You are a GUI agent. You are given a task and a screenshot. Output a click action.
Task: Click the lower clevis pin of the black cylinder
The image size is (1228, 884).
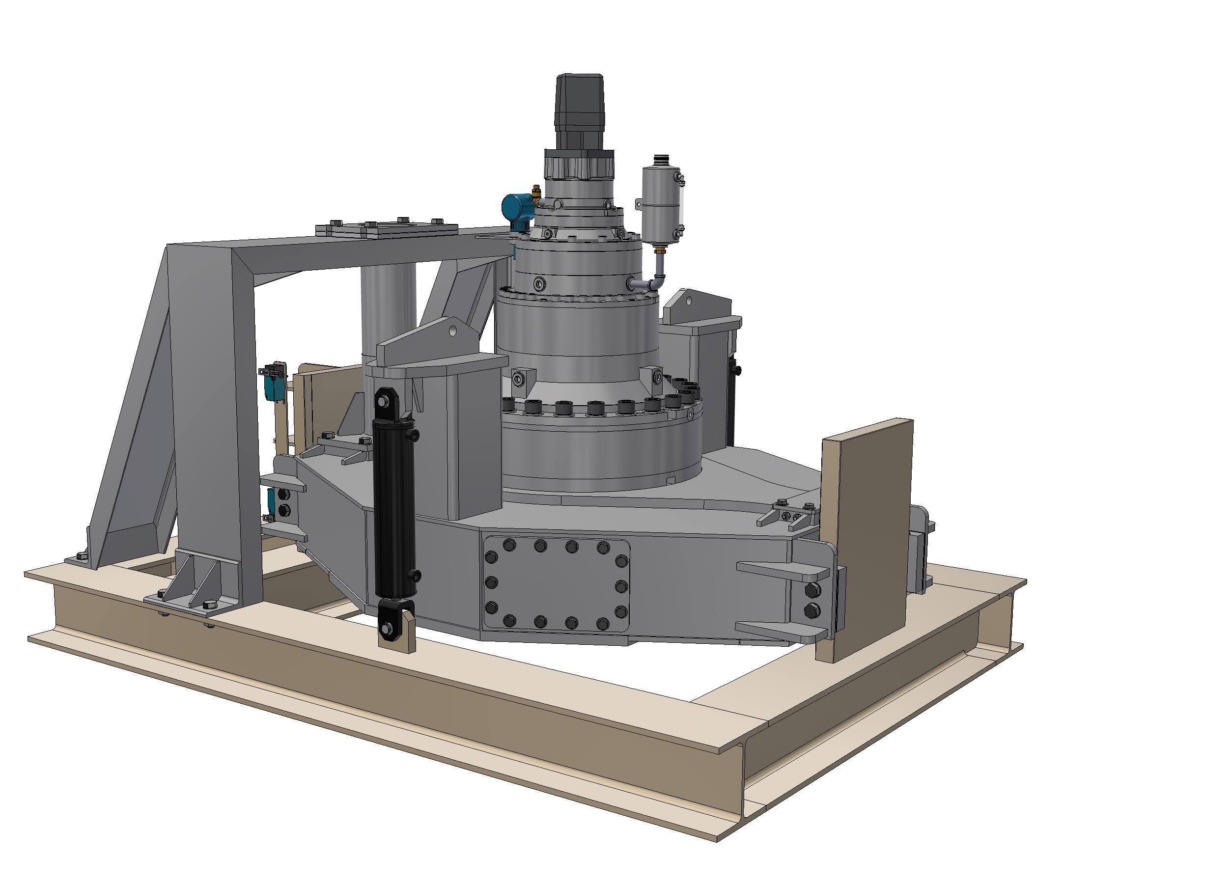coord(388,629)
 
